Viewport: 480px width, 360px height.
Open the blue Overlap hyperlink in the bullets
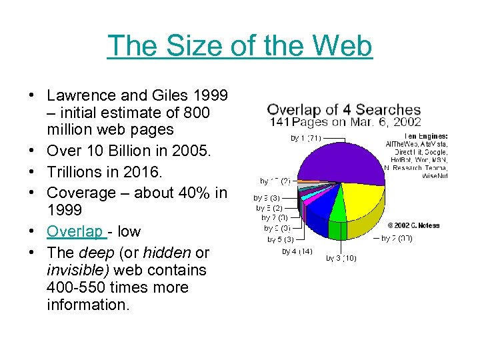(74, 231)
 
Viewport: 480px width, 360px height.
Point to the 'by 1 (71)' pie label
(306, 138)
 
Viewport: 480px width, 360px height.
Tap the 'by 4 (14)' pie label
(297, 251)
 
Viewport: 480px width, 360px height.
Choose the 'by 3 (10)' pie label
(341, 258)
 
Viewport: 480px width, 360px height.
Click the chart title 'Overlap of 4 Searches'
(344, 110)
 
